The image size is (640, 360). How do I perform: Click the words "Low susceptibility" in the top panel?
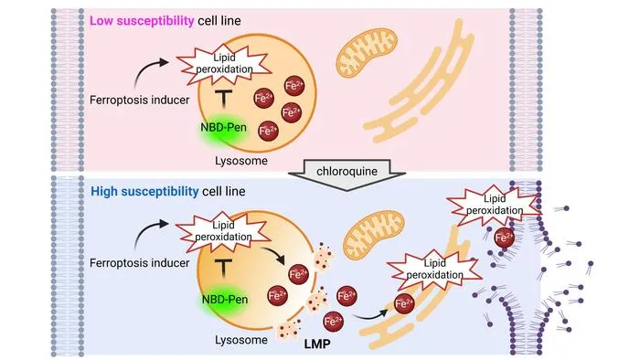(142, 21)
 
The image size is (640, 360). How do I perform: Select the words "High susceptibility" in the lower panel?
(144, 191)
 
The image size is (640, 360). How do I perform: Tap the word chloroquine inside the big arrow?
(347, 171)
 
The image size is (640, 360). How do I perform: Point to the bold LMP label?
(317, 344)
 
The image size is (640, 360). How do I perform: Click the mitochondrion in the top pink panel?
(366, 52)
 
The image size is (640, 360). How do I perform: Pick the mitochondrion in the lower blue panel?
(373, 236)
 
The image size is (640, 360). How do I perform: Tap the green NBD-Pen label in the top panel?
(224, 128)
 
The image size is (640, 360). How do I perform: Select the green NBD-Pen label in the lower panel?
(225, 300)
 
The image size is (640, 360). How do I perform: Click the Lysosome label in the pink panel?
(241, 161)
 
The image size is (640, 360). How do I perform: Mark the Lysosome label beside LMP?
(241, 340)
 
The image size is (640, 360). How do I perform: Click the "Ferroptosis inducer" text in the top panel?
(140, 100)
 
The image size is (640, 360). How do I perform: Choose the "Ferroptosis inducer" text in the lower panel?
(140, 263)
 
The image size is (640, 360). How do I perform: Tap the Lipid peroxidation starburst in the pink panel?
(224, 64)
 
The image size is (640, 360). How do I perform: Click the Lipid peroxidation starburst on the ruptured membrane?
(495, 205)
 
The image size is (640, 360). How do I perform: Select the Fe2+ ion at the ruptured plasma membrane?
(504, 238)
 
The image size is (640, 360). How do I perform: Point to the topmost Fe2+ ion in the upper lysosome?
(294, 86)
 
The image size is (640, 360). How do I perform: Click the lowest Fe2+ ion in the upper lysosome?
(268, 132)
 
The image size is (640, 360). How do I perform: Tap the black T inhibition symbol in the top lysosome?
(223, 100)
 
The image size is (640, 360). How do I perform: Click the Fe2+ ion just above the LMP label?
(333, 322)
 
